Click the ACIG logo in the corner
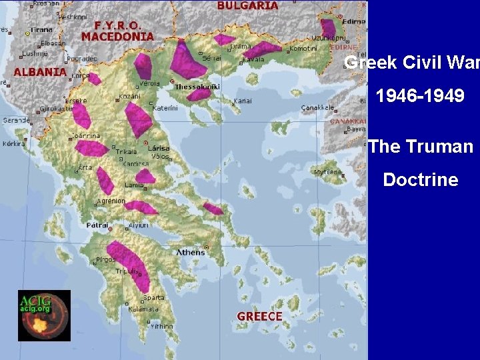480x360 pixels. pyautogui.click(x=44, y=315)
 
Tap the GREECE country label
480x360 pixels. pyautogui.click(x=259, y=316)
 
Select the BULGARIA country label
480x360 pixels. pyautogui.click(x=248, y=5)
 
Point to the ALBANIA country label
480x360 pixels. pyautogui.click(x=40, y=71)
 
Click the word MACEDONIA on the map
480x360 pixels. pyautogui.click(x=118, y=37)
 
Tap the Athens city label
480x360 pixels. pyautogui.click(x=191, y=252)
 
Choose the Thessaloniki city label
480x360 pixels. pyautogui.click(x=197, y=87)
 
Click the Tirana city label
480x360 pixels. pyautogui.click(x=41, y=29)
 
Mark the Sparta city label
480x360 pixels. pyautogui.click(x=154, y=297)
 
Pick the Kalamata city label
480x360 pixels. pyautogui.click(x=144, y=309)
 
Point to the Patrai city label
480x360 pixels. pyautogui.click(x=97, y=225)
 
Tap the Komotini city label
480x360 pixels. pyautogui.click(x=303, y=49)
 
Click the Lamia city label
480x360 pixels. pyautogui.click(x=133, y=185)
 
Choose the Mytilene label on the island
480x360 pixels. pyautogui.click(x=328, y=172)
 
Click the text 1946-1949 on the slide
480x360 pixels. pyautogui.click(x=420, y=97)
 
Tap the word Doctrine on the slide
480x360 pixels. pyautogui.click(x=421, y=179)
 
